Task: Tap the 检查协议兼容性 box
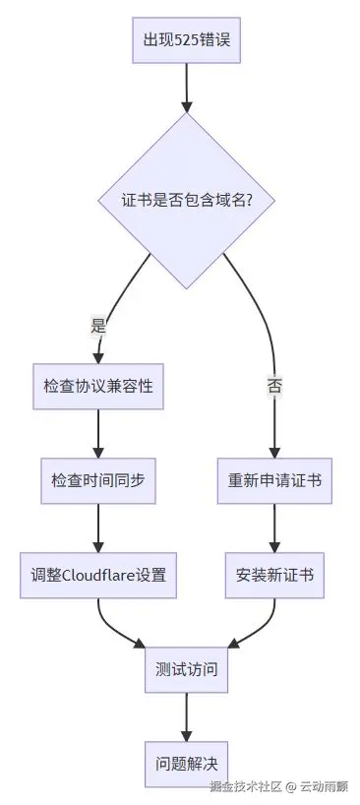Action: (97, 385)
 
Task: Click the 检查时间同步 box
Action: (97, 481)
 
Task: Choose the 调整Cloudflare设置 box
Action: (97, 575)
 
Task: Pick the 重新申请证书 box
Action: (273, 481)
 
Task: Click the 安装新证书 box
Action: (273, 575)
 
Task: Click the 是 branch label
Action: (97, 325)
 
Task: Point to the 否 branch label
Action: (273, 386)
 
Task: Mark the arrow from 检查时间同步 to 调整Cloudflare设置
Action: (97, 527)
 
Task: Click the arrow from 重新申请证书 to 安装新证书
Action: (273, 527)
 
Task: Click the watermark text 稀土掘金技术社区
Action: (246, 786)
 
